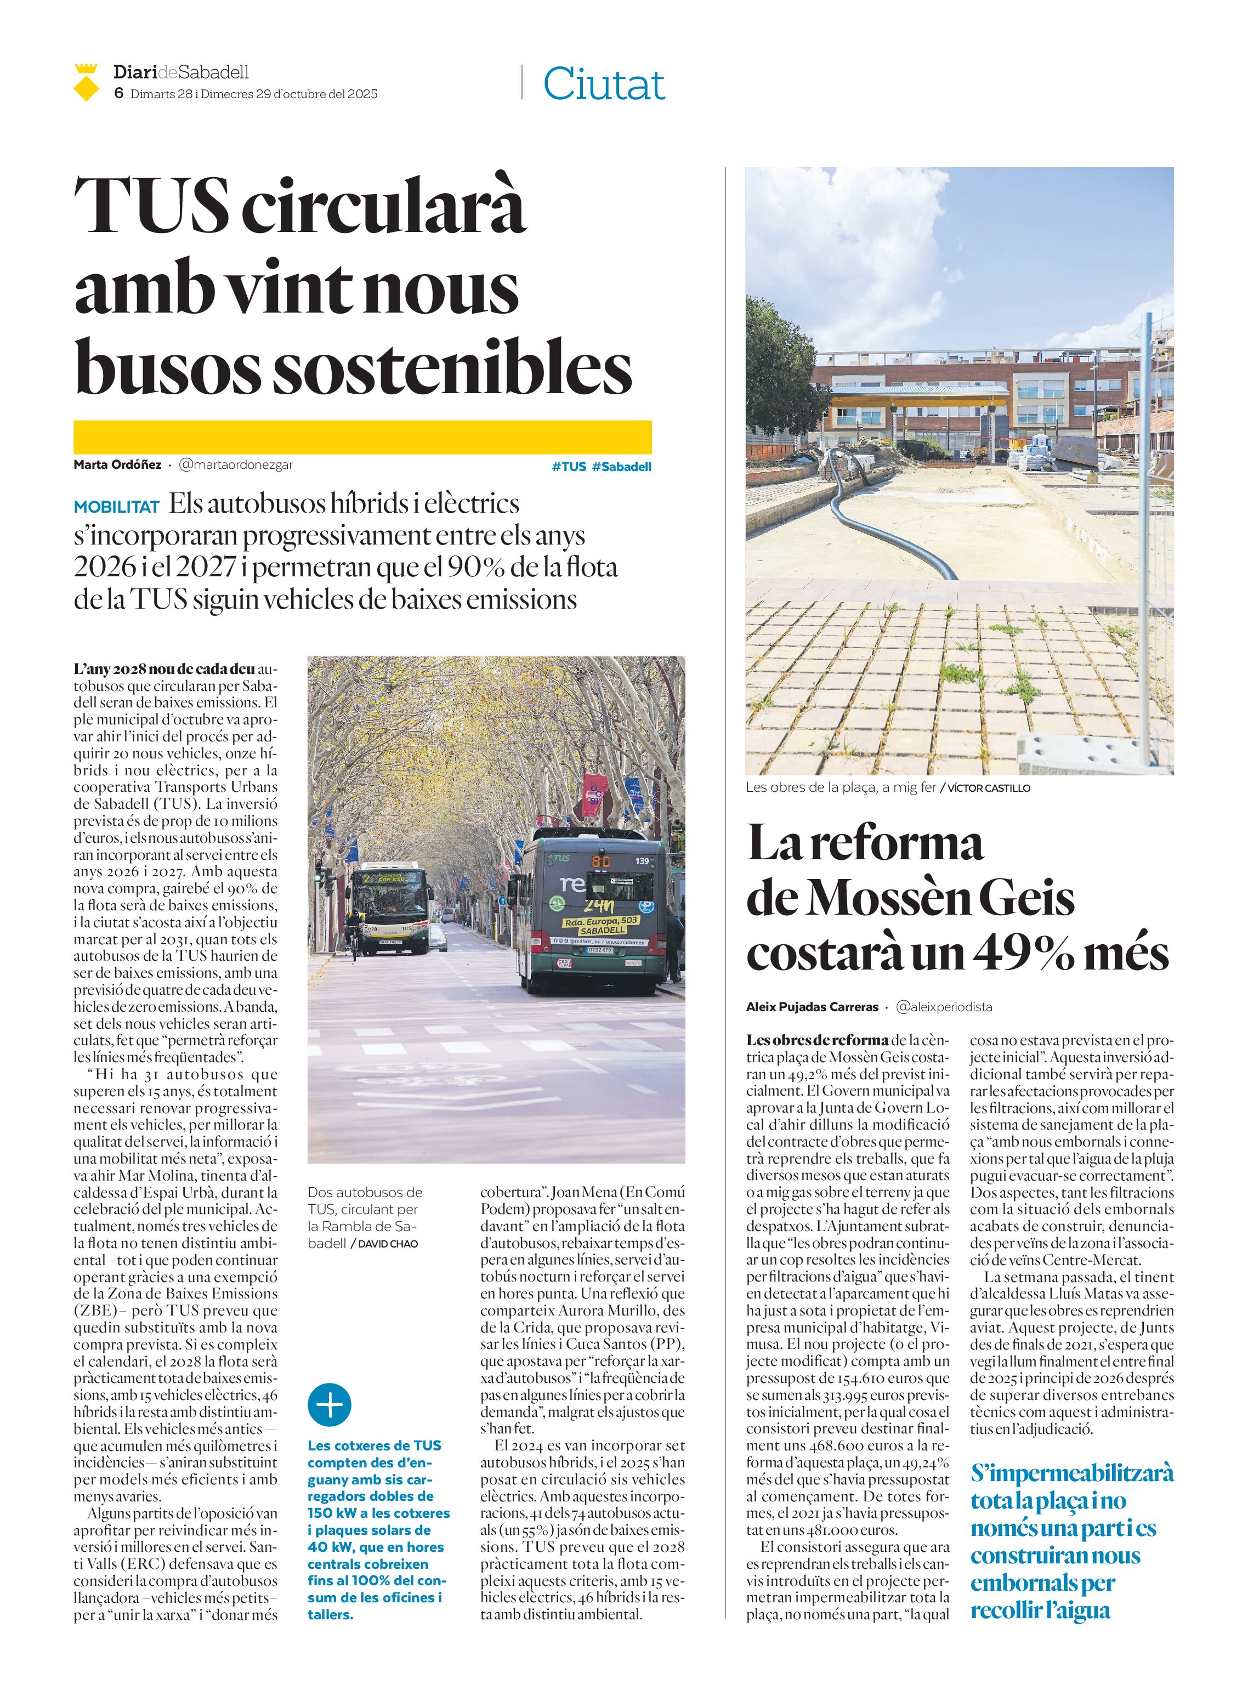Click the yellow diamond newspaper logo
tap(87, 83)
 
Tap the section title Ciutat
tap(604, 84)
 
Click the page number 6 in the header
tap(118, 94)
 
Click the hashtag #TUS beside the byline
tap(568, 466)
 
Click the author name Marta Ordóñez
tap(117, 464)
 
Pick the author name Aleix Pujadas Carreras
tap(812, 1007)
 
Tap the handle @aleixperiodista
tap(944, 1007)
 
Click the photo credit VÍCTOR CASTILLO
tap(988, 788)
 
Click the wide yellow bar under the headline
tap(362, 436)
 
